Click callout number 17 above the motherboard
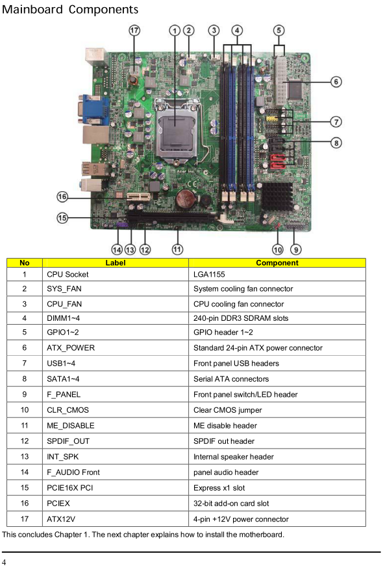click(134, 30)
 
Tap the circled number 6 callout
click(336, 82)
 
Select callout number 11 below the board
click(177, 250)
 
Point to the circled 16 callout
click(62, 196)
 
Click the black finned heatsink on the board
click(278, 196)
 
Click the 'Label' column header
click(116, 262)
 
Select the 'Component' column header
click(277, 262)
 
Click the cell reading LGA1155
click(209, 274)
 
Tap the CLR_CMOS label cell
click(68, 410)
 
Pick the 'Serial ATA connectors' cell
click(231, 379)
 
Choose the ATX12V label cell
click(60, 519)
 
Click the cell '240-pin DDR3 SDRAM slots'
click(241, 318)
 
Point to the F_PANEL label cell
click(64, 395)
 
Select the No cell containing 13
click(25, 456)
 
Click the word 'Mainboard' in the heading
click(32, 10)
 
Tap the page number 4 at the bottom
click(4, 562)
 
